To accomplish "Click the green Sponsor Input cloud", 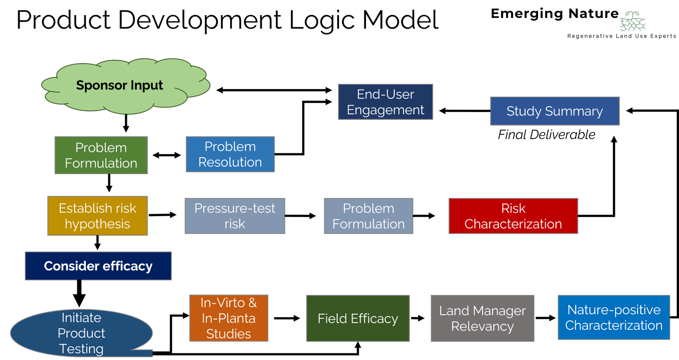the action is [125, 86].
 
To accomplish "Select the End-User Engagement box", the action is [385, 102].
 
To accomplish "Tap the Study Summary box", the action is [555, 111].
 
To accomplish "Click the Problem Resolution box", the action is [230, 154].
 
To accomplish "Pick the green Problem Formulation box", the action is [101, 155].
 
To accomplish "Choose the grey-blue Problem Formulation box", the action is [368, 216].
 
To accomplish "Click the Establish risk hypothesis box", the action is [97, 216].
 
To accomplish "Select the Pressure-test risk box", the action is [235, 216].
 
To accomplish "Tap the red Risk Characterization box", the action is [513, 216].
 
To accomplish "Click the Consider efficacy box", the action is [98, 266].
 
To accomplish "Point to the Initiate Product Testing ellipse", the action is [81, 333].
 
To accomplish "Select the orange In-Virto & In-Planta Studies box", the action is [229, 318].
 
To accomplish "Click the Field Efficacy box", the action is [358, 318].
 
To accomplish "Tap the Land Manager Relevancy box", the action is [482, 318].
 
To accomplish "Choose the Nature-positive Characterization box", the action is [614, 318].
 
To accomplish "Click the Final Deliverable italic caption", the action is [547, 134].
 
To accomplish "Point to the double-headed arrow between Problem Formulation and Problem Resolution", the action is [167, 155].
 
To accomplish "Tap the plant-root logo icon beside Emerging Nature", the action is [632, 21].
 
